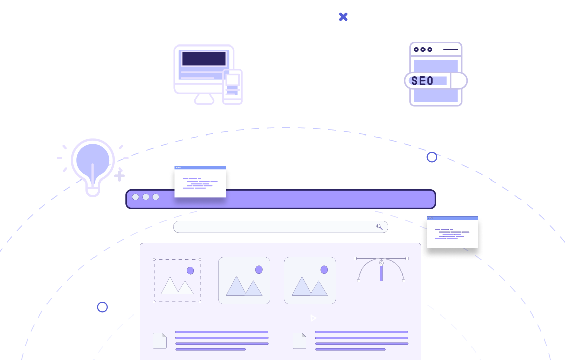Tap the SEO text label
pyautogui.click(x=422, y=81)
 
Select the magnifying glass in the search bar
pyautogui.click(x=380, y=227)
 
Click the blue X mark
pyautogui.click(x=343, y=17)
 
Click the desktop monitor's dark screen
pyautogui.click(x=204, y=59)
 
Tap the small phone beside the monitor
pyautogui.click(x=232, y=86)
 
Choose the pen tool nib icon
pyautogui.click(x=381, y=264)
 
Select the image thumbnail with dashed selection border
pyautogui.click(x=177, y=281)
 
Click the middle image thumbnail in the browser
pyautogui.click(x=244, y=281)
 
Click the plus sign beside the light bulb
pyautogui.click(x=119, y=176)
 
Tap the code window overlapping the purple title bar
pyautogui.click(x=200, y=182)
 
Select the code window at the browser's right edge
pyautogui.click(x=452, y=233)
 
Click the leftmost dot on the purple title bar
pyautogui.click(x=135, y=197)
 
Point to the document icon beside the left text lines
pyautogui.click(x=160, y=341)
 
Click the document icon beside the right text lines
pyautogui.click(x=299, y=341)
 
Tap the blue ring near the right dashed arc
pyautogui.click(x=432, y=157)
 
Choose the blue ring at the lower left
pyautogui.click(x=102, y=307)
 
